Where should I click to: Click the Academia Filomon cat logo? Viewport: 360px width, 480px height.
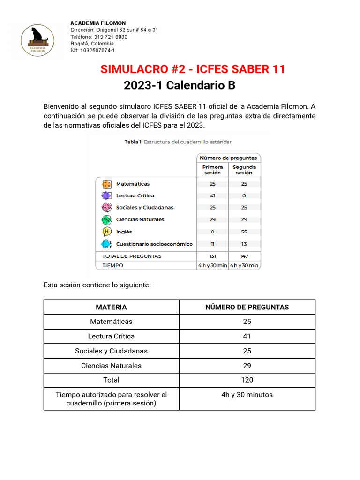(x=37, y=40)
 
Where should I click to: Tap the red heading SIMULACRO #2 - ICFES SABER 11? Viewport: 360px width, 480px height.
(x=193, y=69)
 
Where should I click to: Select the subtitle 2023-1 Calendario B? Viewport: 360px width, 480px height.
(x=180, y=86)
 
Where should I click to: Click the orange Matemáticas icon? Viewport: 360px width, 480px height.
(x=106, y=184)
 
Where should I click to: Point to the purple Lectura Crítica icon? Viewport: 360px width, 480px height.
(x=106, y=195)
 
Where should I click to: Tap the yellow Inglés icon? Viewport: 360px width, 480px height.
(x=106, y=232)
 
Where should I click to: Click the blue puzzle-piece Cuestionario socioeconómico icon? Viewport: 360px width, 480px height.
(x=106, y=244)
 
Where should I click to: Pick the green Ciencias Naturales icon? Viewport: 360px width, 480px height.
(x=106, y=219)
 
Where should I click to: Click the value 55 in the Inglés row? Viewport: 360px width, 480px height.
(x=244, y=232)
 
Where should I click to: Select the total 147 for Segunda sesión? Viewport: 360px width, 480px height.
(x=244, y=256)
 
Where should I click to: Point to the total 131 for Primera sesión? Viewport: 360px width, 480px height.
(x=212, y=256)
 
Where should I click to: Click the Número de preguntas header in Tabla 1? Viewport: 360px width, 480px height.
(x=228, y=158)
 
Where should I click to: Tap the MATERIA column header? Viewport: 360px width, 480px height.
(x=111, y=307)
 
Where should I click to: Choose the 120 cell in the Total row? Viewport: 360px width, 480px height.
(x=247, y=380)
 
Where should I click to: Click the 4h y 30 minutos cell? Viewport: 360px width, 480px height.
(x=247, y=395)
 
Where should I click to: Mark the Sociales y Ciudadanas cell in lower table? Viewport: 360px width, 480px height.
(x=111, y=351)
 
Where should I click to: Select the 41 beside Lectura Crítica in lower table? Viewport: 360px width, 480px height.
(x=247, y=336)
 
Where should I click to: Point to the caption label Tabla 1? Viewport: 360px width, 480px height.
(x=133, y=141)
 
